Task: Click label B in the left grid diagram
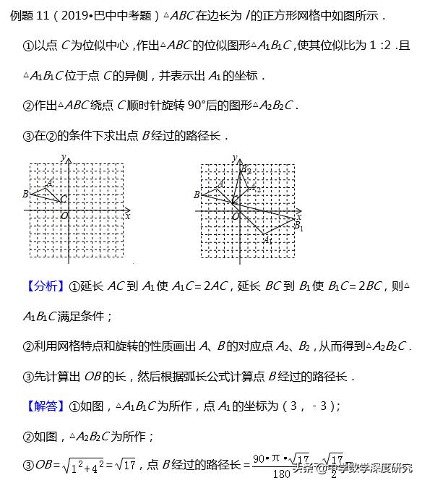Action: pyautogui.click(x=25, y=194)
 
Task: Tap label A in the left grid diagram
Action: pyautogui.click(x=49, y=182)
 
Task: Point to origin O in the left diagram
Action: pyautogui.click(x=64, y=215)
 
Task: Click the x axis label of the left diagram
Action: pyautogui.click(x=128, y=215)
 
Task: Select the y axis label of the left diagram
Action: pyautogui.click(x=64, y=158)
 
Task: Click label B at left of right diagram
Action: pyautogui.click(x=197, y=194)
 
